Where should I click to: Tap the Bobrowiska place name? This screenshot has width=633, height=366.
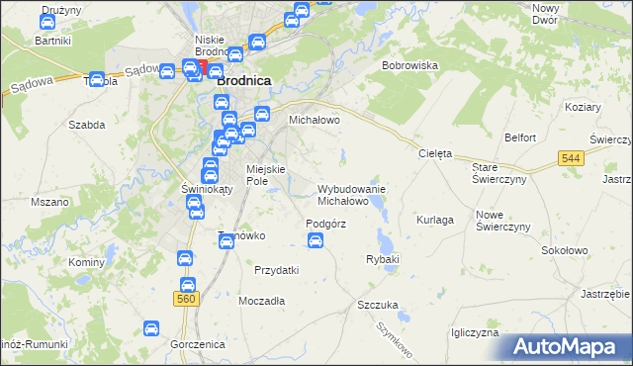[x=409, y=65]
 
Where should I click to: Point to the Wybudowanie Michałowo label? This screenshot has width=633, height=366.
[x=351, y=194]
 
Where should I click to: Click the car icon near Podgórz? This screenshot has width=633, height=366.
[x=316, y=240]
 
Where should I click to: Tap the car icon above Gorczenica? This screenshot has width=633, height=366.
[x=151, y=327]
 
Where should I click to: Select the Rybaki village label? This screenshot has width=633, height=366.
[x=382, y=259]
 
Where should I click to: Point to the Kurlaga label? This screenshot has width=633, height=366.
[x=435, y=219]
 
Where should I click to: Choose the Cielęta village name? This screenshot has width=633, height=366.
[x=435, y=154]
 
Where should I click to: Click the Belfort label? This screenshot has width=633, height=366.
[x=520, y=137]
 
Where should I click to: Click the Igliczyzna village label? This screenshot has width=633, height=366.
[x=475, y=332]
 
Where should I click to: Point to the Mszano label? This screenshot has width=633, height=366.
[x=49, y=202]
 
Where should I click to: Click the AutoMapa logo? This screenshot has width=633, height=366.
[x=570, y=347]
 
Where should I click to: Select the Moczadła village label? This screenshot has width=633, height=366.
[x=262, y=300]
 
